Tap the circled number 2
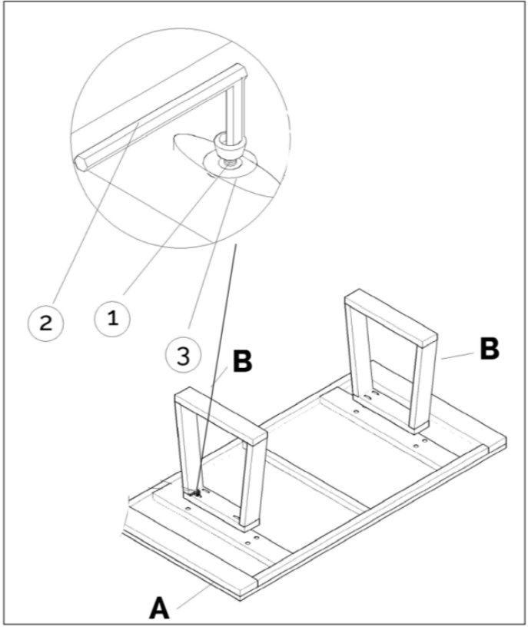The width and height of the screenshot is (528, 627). (x=46, y=323)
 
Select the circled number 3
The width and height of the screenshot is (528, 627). (x=183, y=355)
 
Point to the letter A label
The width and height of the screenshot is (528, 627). (x=159, y=609)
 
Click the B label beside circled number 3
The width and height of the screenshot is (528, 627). (x=241, y=363)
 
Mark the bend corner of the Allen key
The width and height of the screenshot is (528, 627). (x=239, y=75)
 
